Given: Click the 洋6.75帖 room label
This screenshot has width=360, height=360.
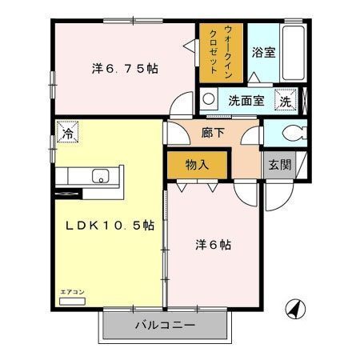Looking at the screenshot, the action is pyautogui.click(x=125, y=69).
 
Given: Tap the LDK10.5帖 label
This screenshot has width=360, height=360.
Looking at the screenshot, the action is pyautogui.click(x=110, y=226).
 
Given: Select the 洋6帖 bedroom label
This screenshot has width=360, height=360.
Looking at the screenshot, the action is pyautogui.click(x=213, y=245).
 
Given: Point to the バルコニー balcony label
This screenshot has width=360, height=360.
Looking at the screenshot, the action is pyautogui.click(x=165, y=325).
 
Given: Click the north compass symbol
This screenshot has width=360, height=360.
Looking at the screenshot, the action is pyautogui.click(x=295, y=310).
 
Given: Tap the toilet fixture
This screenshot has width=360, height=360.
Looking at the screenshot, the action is pyautogui.click(x=295, y=133).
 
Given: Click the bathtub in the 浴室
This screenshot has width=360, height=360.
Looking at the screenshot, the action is pyautogui.click(x=294, y=53).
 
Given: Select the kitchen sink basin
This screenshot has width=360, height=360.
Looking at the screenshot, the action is pyautogui.click(x=101, y=176).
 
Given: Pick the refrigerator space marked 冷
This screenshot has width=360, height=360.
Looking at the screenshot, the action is pyautogui.click(x=67, y=131).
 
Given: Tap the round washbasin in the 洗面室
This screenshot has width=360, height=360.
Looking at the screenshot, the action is pyautogui.click(x=209, y=98).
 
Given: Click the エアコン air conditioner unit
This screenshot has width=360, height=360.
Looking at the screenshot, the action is pyautogui.click(x=72, y=302).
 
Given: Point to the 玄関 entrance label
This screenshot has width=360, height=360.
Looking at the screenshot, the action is pyautogui.click(x=280, y=165).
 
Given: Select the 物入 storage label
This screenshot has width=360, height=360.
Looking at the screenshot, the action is pyautogui.click(x=197, y=165).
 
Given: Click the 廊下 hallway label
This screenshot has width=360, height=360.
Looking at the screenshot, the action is pyautogui.click(x=213, y=132).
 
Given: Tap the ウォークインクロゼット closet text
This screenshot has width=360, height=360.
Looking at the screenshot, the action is pyautogui.click(x=221, y=52).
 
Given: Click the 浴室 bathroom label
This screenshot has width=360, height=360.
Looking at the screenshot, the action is pyautogui.click(x=263, y=52).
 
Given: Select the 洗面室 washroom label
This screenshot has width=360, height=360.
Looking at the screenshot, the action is pyautogui.click(x=246, y=101).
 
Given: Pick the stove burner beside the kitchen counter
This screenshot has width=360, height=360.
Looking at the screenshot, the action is pyautogui.click(x=68, y=194).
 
